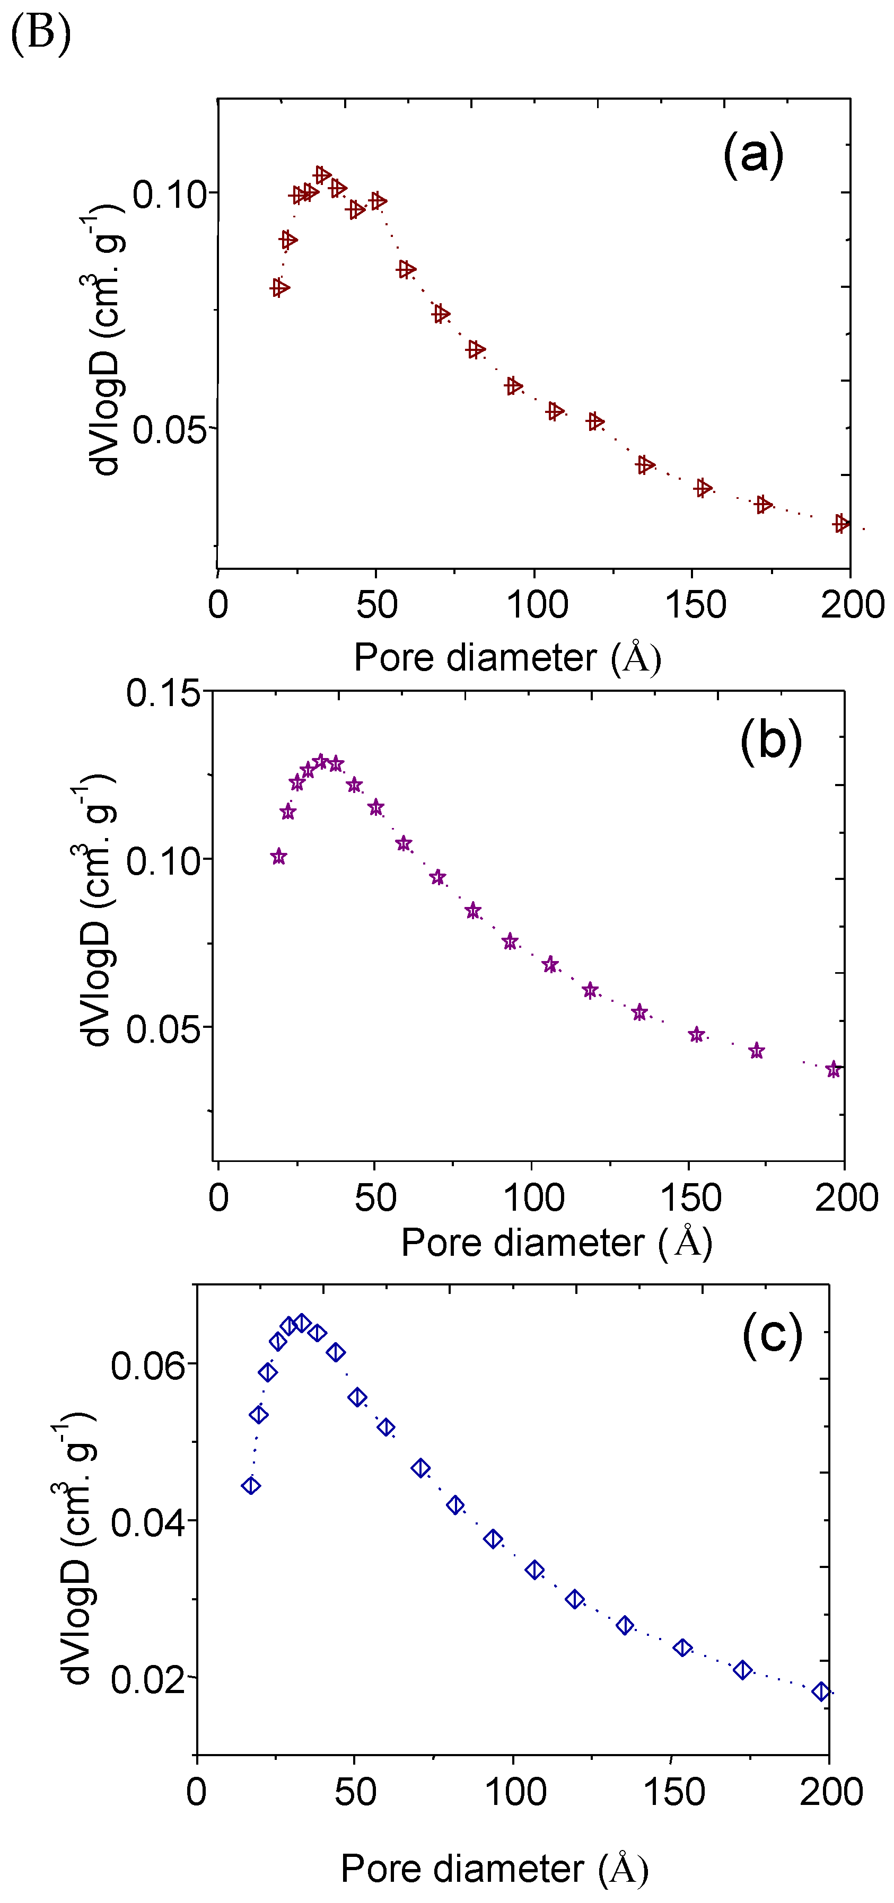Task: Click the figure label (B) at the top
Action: pyautogui.click(x=41, y=34)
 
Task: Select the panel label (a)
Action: pyautogui.click(x=752, y=154)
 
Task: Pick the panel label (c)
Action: pyautogui.click(x=772, y=1334)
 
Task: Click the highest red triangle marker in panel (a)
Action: pyautogui.click(x=321, y=175)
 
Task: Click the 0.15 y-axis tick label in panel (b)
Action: pyautogui.click(x=163, y=694)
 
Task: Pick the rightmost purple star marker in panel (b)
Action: pyautogui.click(x=834, y=1069)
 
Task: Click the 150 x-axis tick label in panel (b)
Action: pyautogui.click(x=690, y=1197)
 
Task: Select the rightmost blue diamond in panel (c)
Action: pyautogui.click(x=821, y=1691)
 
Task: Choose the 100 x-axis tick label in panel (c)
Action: pyautogui.click(x=515, y=1792)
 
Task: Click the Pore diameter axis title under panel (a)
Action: pyautogui.click(x=507, y=657)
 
